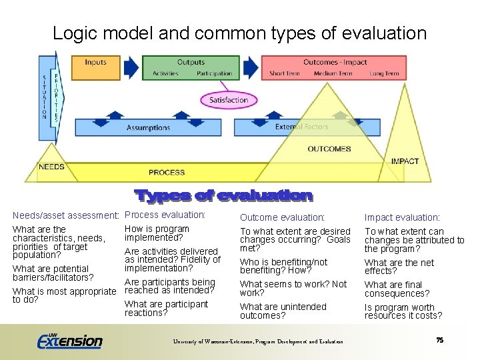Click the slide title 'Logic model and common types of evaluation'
[239, 33]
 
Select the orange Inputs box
[96, 67]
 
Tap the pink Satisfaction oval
[229, 101]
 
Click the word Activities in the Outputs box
[165, 73]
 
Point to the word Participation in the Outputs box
[214, 73]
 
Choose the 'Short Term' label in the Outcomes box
[284, 73]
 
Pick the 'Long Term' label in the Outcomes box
[385, 73]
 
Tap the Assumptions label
[148, 128]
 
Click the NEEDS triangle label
[51, 167]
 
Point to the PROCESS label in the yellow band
[167, 173]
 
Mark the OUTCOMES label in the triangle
[329, 149]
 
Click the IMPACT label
[405, 161]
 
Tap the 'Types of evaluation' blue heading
[223, 195]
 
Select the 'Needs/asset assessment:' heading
[65, 215]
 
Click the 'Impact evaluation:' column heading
[402, 217]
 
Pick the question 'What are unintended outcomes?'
[283, 311]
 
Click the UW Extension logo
[69, 340]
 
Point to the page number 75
[439, 340]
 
